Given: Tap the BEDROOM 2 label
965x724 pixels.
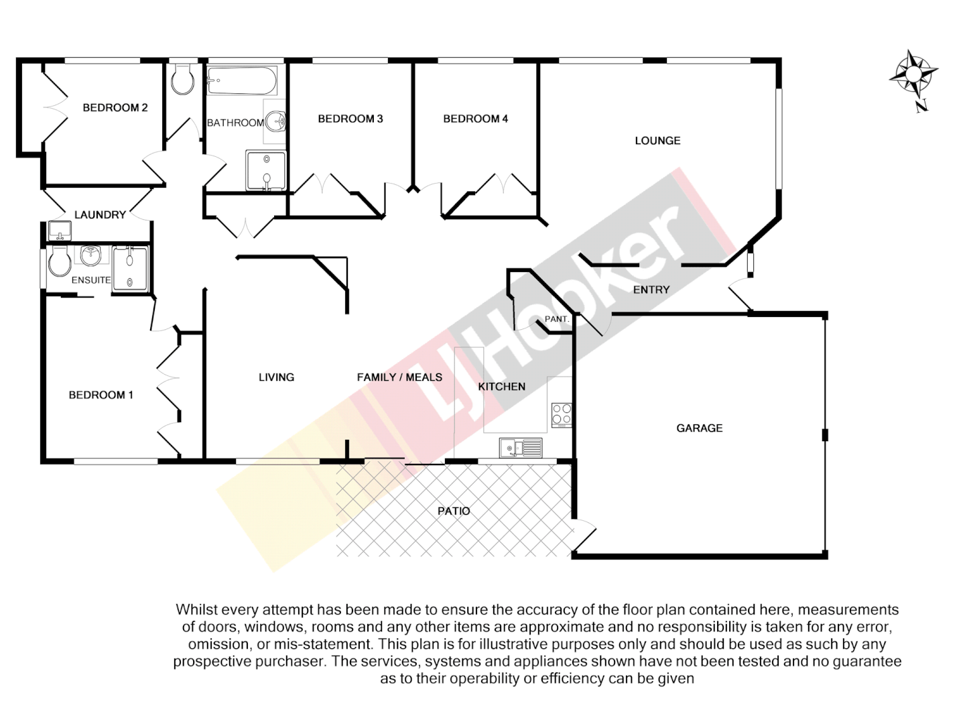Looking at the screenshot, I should pyautogui.click(x=115, y=107).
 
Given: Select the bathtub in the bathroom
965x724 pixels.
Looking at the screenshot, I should pyautogui.click(x=242, y=81).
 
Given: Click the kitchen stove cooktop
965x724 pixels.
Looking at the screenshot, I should pyautogui.click(x=562, y=415).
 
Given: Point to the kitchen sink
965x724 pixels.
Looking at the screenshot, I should pyautogui.click(x=520, y=447).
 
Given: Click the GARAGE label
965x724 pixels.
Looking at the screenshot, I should pyautogui.click(x=699, y=428).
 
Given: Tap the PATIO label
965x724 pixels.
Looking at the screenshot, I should pyautogui.click(x=454, y=511).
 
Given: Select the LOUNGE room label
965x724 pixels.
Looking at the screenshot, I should pyautogui.click(x=657, y=141).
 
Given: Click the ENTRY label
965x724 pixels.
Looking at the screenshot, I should pyautogui.click(x=651, y=290).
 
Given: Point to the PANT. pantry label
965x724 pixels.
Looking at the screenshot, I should pyautogui.click(x=557, y=319).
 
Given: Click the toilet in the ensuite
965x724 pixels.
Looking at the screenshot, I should pyautogui.click(x=59, y=262).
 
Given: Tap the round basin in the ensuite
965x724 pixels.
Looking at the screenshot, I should pyautogui.click(x=90, y=255).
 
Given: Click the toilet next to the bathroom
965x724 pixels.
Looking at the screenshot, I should pyautogui.click(x=182, y=80).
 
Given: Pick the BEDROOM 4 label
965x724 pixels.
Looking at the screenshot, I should pyautogui.click(x=475, y=119).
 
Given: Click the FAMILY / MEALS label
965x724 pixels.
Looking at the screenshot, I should pyautogui.click(x=399, y=377).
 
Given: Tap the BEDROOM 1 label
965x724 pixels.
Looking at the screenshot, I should pyautogui.click(x=101, y=395).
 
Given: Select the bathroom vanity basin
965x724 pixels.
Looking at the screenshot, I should pyautogui.click(x=275, y=122).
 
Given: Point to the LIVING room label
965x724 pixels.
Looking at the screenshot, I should pyautogui.click(x=276, y=377).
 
